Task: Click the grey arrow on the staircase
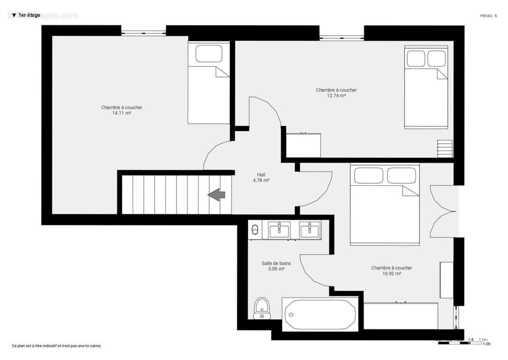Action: tap(216, 195)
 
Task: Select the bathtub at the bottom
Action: tap(320, 314)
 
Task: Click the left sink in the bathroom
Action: tap(279, 230)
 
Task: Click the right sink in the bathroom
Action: tap(309, 230)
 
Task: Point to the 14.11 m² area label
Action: tap(122, 113)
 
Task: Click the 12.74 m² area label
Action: tap(336, 96)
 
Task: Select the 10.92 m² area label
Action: tap(391, 274)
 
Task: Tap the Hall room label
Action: tap(261, 175)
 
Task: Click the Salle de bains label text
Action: tap(276, 264)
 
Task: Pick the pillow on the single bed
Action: tap(209, 54)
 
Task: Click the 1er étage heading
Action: tap(29, 15)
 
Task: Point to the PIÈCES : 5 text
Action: tap(488, 16)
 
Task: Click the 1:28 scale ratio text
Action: tap(486, 344)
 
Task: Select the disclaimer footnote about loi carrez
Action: tap(57, 346)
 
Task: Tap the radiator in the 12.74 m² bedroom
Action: tap(445, 148)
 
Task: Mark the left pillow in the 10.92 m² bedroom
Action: tap(369, 175)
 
